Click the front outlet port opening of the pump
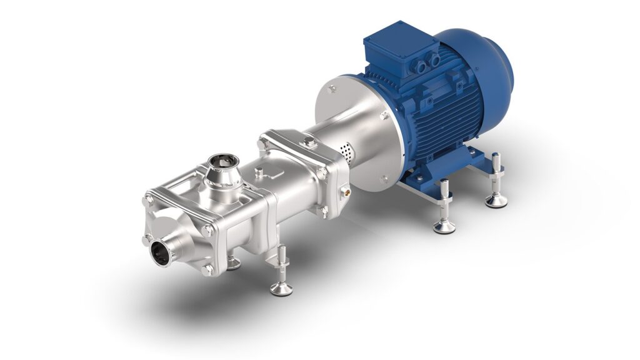click(162, 254)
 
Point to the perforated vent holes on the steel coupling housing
click(344, 151)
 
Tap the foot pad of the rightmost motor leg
click(496, 201)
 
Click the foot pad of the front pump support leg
click(281, 288)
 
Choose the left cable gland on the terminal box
click(417, 63)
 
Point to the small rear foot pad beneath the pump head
click(233, 264)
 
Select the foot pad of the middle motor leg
click(444, 227)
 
